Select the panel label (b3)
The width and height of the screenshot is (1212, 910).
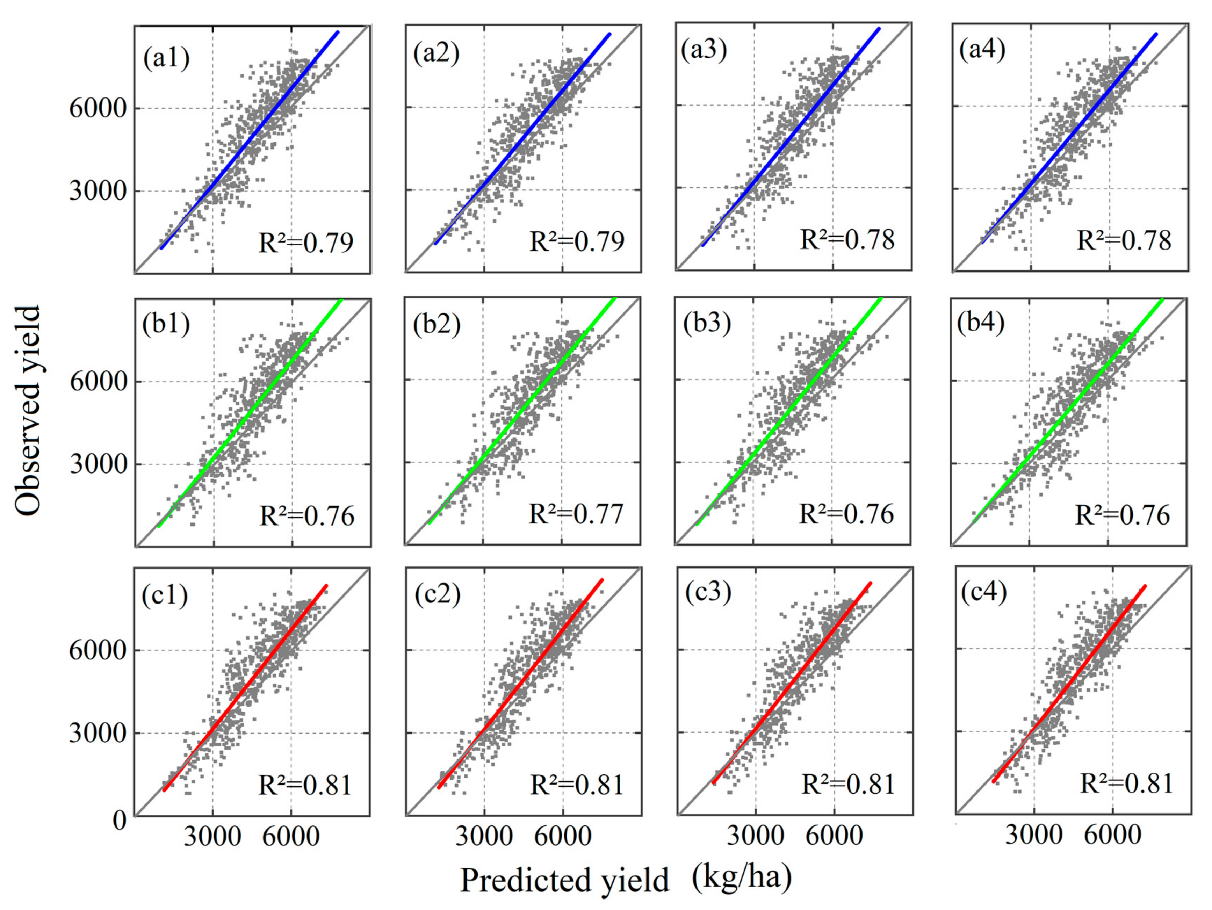pyautogui.click(x=707, y=324)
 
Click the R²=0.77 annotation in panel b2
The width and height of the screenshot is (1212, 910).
pyautogui.click(x=576, y=514)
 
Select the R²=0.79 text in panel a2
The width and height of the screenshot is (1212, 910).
pyautogui.click(x=577, y=241)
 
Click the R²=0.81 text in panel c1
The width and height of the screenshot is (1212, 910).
pyautogui.click(x=305, y=785)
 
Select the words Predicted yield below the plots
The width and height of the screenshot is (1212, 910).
pyautogui.click(x=565, y=880)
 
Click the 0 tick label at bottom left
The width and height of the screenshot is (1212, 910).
pyautogui.click(x=120, y=821)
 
